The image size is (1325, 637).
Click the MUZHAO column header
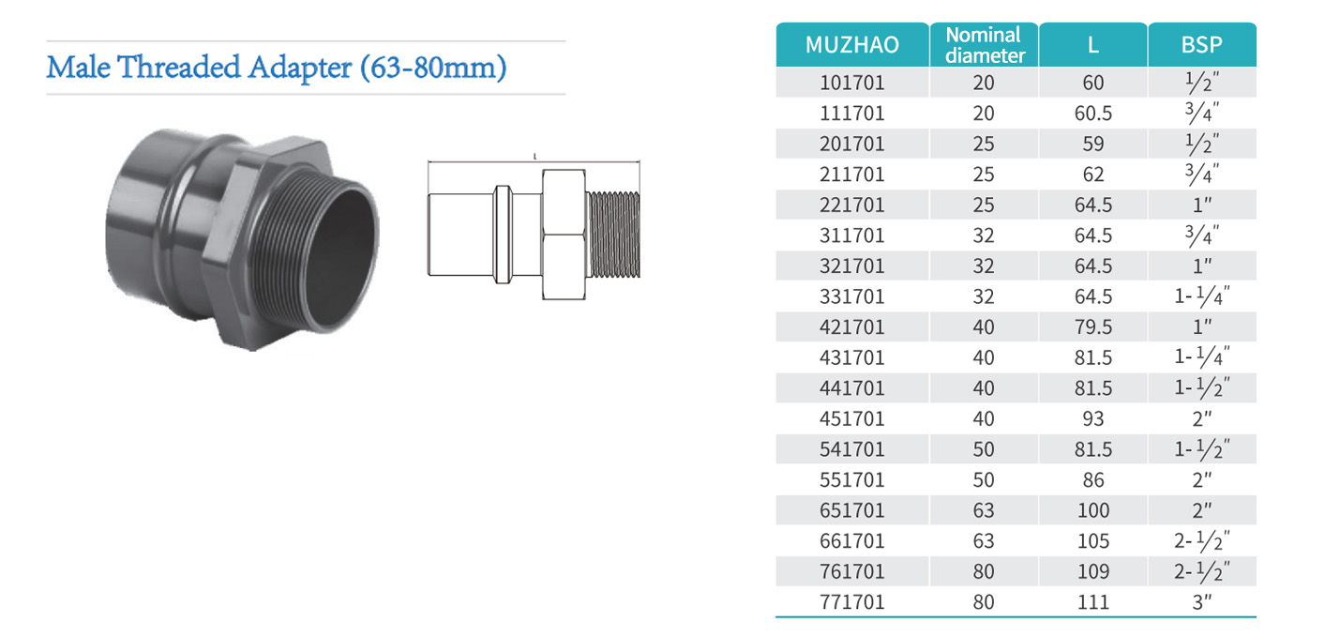pos(851,44)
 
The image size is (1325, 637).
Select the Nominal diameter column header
pos(984,45)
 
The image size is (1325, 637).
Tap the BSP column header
pos(1201,45)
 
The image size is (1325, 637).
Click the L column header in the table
pos(1093,45)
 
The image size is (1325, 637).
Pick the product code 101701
pos(851,83)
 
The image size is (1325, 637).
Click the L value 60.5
pos(1093,114)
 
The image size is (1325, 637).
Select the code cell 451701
pos(851,418)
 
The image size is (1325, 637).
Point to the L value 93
pos(1093,418)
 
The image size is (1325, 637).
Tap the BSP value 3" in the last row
pos(1201,602)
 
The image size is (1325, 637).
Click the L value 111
pos(1093,602)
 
